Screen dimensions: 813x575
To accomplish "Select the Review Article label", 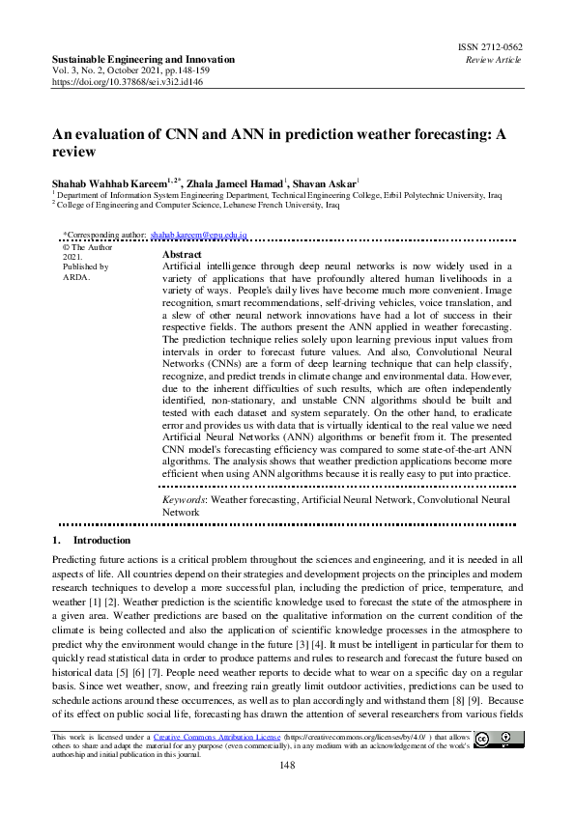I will click(495, 59).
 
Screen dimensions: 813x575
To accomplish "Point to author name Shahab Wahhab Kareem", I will click(109, 183).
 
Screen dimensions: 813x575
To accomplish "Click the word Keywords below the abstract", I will click(183, 501).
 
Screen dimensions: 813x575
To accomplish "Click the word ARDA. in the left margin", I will click(75, 277).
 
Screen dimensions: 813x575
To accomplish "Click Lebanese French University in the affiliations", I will click(273, 206).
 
